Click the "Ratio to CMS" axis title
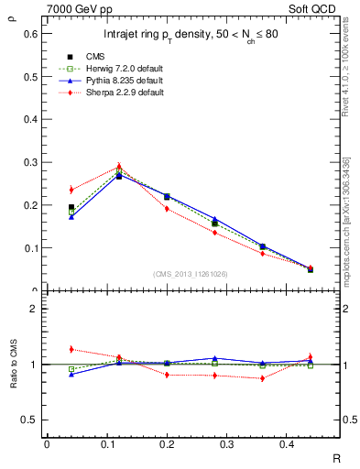pyautogui.click(x=12, y=364)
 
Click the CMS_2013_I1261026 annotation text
pyautogui.click(x=191, y=274)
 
